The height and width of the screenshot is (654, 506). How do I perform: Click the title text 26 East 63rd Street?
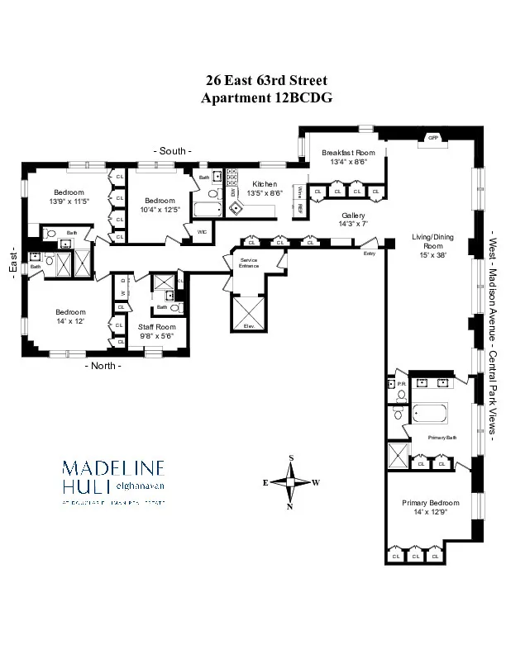(x=265, y=81)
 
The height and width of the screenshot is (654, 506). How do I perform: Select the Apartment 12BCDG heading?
(x=265, y=97)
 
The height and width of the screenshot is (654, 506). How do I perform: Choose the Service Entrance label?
(x=249, y=263)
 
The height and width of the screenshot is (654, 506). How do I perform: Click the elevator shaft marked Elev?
(x=249, y=327)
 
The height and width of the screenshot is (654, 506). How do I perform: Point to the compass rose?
(x=291, y=481)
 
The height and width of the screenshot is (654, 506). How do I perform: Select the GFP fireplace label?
(x=432, y=138)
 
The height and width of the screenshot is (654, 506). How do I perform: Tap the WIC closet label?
(x=202, y=232)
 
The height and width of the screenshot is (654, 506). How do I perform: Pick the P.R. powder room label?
(x=400, y=383)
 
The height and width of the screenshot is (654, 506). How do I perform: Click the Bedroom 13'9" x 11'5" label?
(x=69, y=197)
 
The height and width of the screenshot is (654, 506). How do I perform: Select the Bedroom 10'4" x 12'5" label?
(x=160, y=205)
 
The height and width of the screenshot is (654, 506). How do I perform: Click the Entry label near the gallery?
(x=368, y=254)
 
